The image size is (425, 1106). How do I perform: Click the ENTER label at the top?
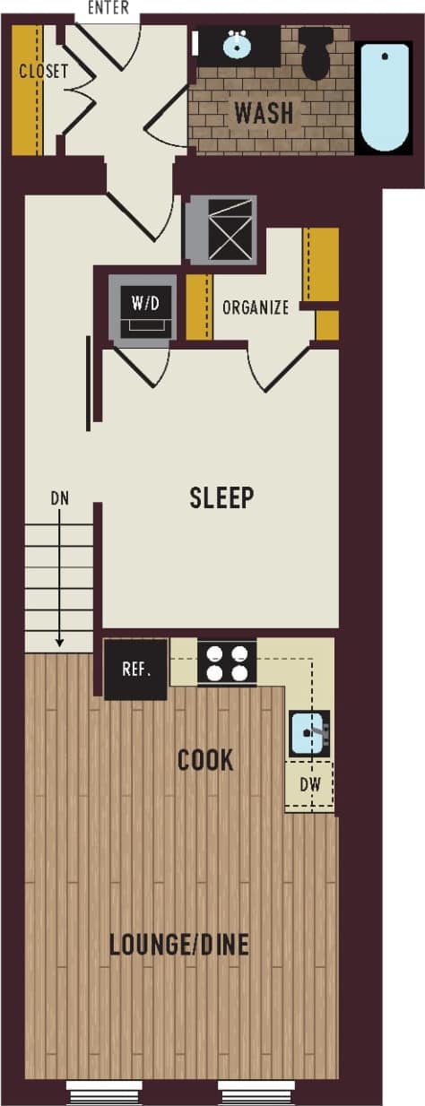click(x=108, y=9)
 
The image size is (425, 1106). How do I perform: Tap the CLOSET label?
click(x=43, y=71)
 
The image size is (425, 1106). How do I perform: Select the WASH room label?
click(x=264, y=113)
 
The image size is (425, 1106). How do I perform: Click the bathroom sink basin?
click(x=238, y=44)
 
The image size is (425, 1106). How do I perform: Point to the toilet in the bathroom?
click(x=317, y=53)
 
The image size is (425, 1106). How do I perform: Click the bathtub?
click(x=385, y=98)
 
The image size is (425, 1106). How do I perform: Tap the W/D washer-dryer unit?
click(x=145, y=306)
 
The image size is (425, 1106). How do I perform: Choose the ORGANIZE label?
click(x=256, y=307)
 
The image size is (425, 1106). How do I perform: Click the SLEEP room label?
click(x=221, y=497)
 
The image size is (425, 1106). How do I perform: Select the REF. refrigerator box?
click(x=135, y=669)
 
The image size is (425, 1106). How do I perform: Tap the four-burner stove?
click(x=227, y=662)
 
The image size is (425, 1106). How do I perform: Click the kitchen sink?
click(x=309, y=733)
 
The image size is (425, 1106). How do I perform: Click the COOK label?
click(x=205, y=761)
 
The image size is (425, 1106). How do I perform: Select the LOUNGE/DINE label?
click(x=178, y=945)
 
